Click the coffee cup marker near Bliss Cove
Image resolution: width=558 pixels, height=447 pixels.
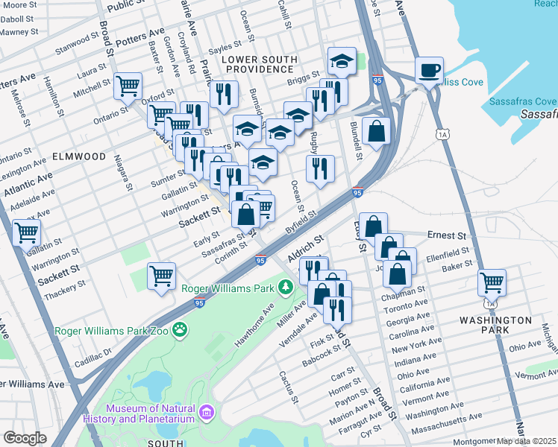(x=429, y=71)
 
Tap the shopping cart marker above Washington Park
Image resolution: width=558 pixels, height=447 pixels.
(x=492, y=283)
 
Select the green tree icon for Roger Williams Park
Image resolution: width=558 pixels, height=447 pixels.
(x=286, y=287)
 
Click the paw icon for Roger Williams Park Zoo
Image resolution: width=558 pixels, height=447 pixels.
(x=180, y=329)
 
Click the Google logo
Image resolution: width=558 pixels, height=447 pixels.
(x=25, y=438)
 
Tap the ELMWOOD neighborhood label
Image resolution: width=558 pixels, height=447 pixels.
(x=79, y=156)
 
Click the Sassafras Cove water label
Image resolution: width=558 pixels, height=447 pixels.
(x=523, y=101)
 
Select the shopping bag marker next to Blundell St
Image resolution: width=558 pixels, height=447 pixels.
(x=377, y=130)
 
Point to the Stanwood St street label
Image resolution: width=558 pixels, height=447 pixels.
(x=76, y=53)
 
